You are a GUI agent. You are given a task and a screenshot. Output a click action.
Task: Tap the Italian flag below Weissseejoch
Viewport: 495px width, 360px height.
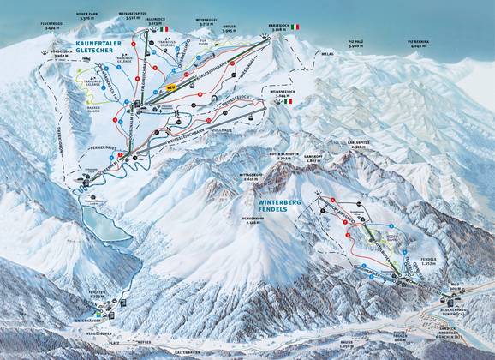tap(287, 101)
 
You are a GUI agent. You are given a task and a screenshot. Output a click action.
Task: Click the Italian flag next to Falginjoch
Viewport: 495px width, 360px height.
tap(163, 28)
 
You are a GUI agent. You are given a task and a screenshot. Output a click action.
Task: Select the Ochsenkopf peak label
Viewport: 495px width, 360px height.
tap(250, 219)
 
